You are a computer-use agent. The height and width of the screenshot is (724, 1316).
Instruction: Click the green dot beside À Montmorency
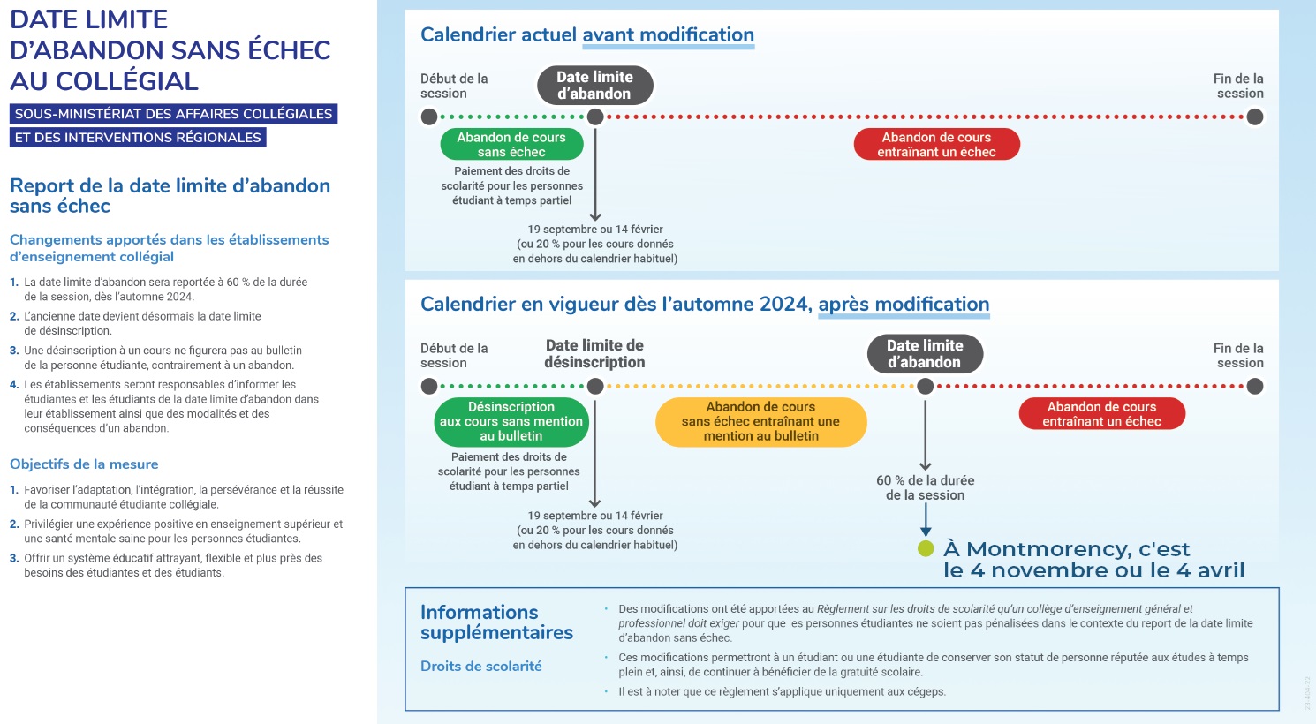tap(926, 548)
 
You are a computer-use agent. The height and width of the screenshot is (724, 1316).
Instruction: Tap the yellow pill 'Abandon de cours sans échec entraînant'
tap(760, 422)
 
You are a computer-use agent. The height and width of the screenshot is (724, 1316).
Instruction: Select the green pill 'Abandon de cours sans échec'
tap(511, 145)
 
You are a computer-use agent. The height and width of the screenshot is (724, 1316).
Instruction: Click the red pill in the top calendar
tap(936, 145)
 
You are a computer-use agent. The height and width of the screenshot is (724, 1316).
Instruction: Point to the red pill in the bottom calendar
tap(1101, 414)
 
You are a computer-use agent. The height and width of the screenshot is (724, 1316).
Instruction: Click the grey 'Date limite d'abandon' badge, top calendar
tap(594, 85)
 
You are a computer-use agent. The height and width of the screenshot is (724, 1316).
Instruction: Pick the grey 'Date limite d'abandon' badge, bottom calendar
tap(925, 353)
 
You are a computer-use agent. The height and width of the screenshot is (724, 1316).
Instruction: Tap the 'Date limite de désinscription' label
tap(594, 353)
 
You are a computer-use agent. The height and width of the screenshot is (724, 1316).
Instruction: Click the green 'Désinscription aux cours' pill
tap(511, 422)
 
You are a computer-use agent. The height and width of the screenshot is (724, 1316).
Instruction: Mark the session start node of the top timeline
tap(429, 117)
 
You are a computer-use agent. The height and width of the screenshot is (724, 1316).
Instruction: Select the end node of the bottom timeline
tap(1255, 387)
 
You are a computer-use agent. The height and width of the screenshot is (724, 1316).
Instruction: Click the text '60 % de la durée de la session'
tap(926, 487)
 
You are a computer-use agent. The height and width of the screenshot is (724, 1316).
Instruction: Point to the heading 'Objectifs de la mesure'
tap(84, 464)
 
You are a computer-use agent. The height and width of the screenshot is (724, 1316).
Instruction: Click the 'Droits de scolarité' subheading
tap(481, 666)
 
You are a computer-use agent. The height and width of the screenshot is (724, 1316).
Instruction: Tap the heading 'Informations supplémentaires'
tap(496, 622)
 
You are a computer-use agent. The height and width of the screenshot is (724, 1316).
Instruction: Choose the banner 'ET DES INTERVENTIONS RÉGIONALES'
tap(138, 138)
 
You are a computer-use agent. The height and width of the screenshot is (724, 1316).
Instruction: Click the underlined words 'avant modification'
tap(668, 34)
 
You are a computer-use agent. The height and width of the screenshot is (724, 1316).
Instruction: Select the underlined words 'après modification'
tap(904, 304)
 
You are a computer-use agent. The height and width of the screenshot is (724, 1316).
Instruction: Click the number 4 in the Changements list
tap(14, 385)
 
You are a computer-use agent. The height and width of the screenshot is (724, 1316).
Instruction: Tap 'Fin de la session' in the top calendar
tap(1238, 86)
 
